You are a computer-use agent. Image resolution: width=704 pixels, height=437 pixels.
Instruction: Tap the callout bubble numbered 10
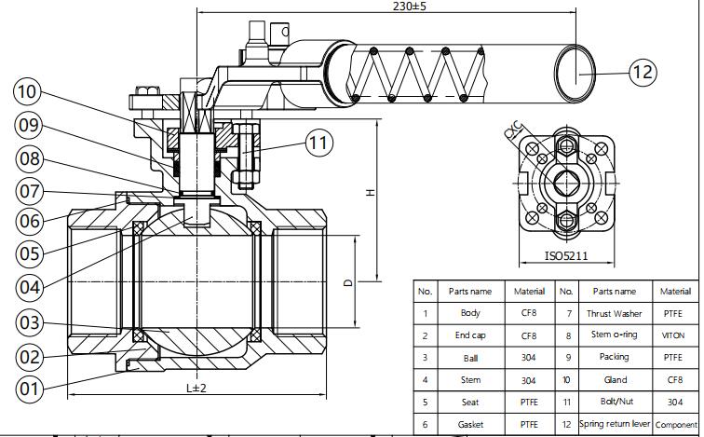point(28,91)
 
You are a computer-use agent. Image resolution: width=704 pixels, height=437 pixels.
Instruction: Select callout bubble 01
point(29,388)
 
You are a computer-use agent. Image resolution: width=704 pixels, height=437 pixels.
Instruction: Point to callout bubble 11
point(319,143)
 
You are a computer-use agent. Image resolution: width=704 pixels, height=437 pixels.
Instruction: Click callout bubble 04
point(29,287)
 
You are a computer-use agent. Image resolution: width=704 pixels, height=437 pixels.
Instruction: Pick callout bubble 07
point(29,191)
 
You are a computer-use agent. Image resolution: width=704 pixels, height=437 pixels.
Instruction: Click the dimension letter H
point(370,193)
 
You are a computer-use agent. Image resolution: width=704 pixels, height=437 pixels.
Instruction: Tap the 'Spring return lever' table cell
point(614,425)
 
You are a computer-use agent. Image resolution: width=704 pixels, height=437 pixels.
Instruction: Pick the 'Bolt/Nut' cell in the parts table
point(614,403)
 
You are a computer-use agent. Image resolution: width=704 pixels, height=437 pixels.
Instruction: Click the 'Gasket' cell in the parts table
point(470,425)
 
